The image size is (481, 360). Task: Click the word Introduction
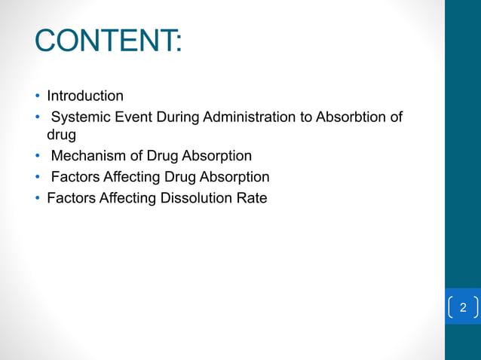(x=85, y=96)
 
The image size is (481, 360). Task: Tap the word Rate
(x=253, y=200)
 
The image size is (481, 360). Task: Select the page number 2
(x=463, y=308)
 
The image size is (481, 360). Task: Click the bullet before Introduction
(x=37, y=97)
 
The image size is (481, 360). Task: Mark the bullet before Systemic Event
(x=37, y=118)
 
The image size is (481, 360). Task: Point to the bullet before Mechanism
(x=37, y=157)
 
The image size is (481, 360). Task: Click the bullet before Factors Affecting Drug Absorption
(x=37, y=178)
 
